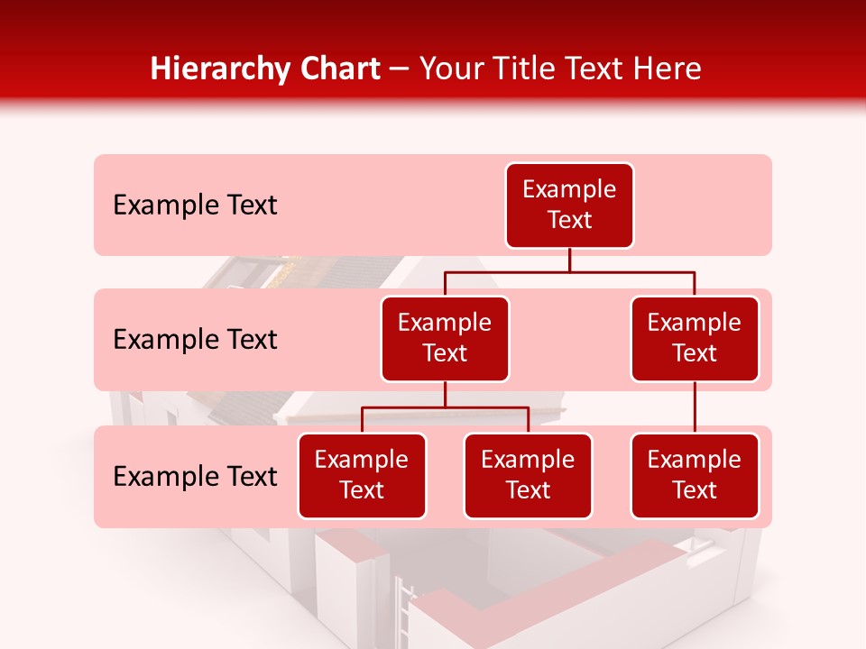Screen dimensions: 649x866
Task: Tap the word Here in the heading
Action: tap(668, 69)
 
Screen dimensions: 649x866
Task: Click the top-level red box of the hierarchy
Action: tap(569, 206)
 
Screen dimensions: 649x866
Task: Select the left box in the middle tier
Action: tap(445, 339)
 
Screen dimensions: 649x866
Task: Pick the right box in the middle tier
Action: tap(695, 339)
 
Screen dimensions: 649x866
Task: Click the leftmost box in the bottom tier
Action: tap(362, 476)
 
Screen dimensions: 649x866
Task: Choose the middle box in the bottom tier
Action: tap(528, 476)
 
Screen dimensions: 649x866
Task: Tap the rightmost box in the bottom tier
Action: tap(695, 476)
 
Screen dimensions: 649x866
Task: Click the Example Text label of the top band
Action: tap(195, 206)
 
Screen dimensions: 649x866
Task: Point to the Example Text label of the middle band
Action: tap(195, 340)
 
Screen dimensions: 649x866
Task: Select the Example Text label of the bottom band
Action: tap(195, 477)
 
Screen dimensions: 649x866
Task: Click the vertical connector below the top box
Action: tap(569, 260)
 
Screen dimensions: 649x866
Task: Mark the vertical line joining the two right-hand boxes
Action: tap(695, 407)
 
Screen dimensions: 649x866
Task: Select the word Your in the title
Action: tap(448, 69)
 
